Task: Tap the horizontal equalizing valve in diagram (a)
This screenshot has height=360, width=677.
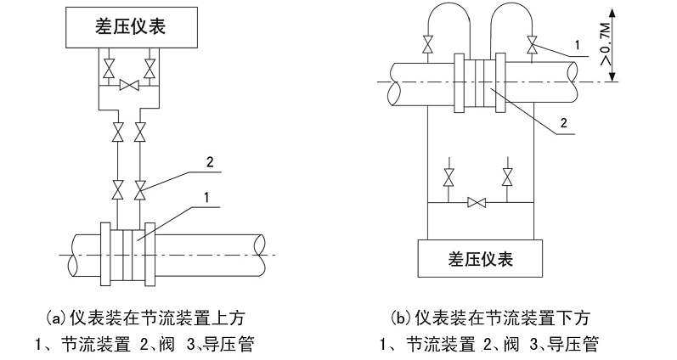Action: (130, 85)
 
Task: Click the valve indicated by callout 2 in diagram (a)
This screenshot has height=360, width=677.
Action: (142, 185)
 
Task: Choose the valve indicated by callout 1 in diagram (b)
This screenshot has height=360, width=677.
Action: (533, 43)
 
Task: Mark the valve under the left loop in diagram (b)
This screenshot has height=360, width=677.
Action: (427, 44)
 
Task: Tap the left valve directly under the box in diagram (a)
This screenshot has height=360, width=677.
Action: (109, 66)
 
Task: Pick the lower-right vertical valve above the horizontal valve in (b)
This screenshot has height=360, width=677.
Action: (508, 177)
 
